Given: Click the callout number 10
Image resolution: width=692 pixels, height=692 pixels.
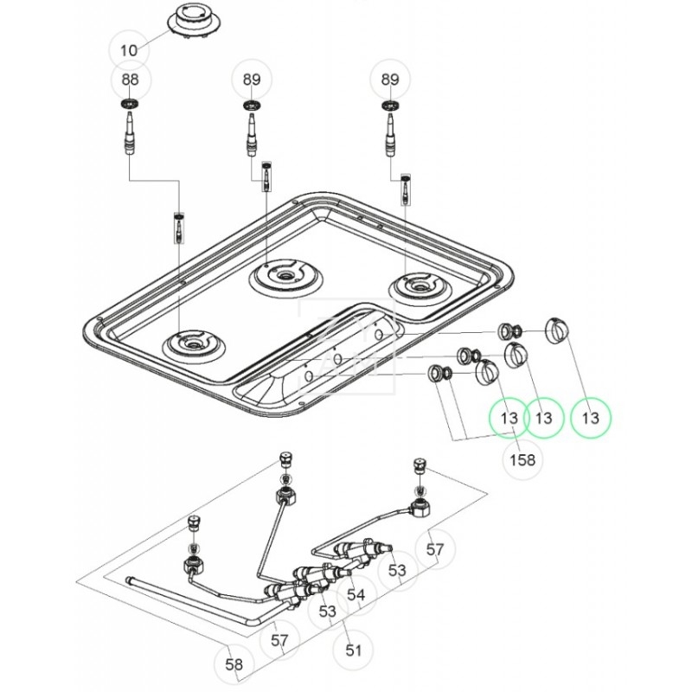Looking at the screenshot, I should (129, 49).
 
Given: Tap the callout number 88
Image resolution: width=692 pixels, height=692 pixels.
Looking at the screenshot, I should (129, 79).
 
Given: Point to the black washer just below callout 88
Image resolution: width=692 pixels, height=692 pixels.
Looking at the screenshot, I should (130, 105).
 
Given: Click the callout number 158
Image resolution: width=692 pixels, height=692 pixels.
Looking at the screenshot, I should (522, 459).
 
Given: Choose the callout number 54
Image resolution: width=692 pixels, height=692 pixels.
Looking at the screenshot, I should (356, 595).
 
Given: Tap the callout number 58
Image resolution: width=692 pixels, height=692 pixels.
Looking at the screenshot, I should (234, 664).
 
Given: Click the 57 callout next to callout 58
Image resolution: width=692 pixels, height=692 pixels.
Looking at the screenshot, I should (279, 641).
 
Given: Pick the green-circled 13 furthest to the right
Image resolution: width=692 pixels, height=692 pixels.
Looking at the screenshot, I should (590, 418).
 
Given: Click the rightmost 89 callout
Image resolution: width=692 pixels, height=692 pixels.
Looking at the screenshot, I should (390, 79).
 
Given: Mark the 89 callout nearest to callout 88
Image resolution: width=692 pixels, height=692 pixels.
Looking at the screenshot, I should (251, 79).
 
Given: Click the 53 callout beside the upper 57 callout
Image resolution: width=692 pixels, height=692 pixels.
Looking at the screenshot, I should (397, 571).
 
